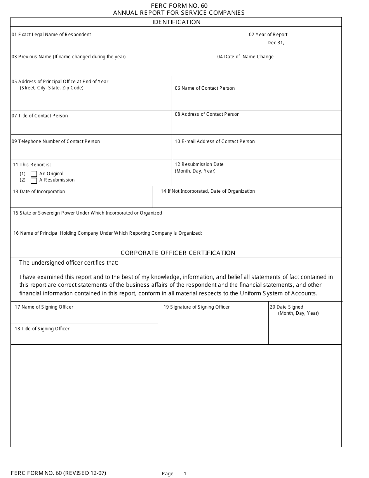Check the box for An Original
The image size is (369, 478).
[x=34, y=174]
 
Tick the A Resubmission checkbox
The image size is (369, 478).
[x=34, y=180]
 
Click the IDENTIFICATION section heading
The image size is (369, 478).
[x=176, y=22]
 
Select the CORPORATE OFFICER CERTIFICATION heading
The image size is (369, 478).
[x=178, y=253]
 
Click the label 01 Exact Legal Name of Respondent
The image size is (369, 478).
[x=51, y=35]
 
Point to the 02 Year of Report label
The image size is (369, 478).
[x=268, y=35]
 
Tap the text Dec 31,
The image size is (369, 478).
[x=276, y=43]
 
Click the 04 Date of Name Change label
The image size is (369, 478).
[x=245, y=57]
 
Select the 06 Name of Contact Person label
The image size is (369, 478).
[x=205, y=88]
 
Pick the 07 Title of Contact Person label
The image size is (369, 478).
[x=40, y=116]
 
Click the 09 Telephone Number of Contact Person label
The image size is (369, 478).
[x=56, y=141]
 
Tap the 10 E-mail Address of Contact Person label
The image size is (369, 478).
[x=215, y=141]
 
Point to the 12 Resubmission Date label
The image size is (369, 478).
[x=199, y=164]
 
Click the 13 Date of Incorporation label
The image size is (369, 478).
[x=39, y=192]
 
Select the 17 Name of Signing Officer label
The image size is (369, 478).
[x=44, y=307]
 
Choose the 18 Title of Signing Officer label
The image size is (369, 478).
[x=42, y=329]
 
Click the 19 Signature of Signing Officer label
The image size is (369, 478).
[x=197, y=307]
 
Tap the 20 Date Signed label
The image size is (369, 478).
[x=286, y=307]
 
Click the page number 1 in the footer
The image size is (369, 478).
[x=185, y=474]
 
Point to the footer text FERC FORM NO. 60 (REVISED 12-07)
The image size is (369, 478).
[x=58, y=473]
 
